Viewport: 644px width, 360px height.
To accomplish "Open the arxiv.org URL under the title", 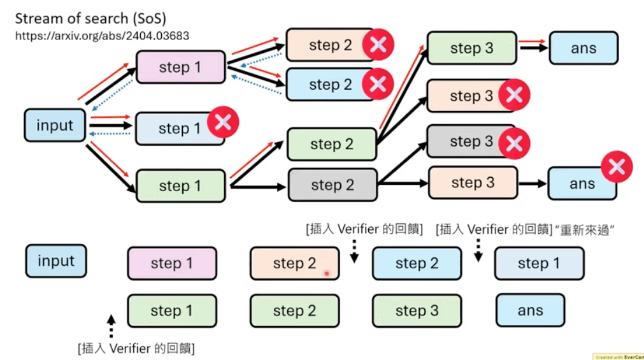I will (102, 36).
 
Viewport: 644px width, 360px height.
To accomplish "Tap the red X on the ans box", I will (616, 167).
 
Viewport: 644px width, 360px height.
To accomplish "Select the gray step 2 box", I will (332, 185).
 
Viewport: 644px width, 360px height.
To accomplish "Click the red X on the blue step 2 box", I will (378, 83).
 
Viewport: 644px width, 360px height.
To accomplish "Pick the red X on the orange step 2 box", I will (378, 44).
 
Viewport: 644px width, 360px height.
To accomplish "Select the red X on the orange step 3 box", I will (514, 96).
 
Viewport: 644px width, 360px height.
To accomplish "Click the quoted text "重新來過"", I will (583, 229).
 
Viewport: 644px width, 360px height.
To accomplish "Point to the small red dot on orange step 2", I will (326, 273).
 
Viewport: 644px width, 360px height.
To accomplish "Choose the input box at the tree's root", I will (55, 126).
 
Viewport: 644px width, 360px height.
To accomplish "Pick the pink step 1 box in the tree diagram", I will (180, 68).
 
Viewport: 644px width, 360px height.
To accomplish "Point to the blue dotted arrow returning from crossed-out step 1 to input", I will (111, 133).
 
